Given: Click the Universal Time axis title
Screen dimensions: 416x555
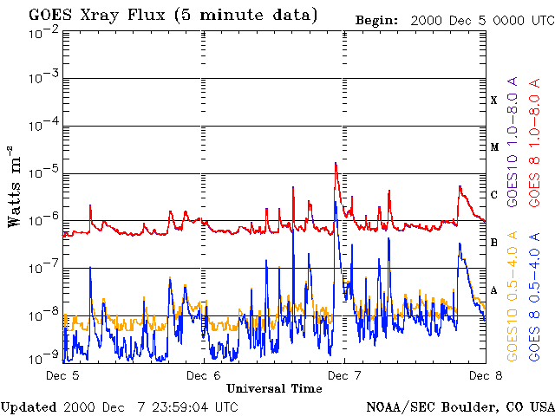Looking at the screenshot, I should [x=274, y=387].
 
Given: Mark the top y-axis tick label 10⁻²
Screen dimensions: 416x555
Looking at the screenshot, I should [x=42, y=32].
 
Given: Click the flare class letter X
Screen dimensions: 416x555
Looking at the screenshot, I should [x=494, y=101].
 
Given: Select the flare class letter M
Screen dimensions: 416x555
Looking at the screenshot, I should [x=494, y=147].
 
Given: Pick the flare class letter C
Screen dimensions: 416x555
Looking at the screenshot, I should [x=494, y=195].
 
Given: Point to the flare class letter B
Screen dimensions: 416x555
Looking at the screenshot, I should [x=494, y=243].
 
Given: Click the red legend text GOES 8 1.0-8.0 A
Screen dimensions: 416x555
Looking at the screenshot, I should [x=535, y=152].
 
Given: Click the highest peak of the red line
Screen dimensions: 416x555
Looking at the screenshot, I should [x=336, y=163].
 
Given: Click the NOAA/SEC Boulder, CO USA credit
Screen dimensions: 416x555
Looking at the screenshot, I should [x=460, y=406].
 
